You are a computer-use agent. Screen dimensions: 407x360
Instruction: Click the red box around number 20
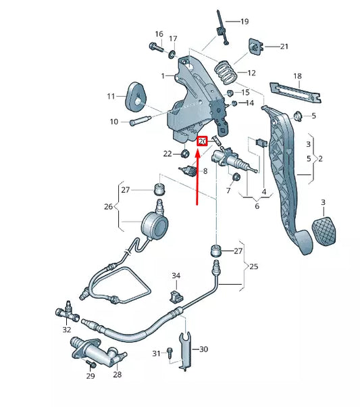pyautogui.click(x=201, y=141)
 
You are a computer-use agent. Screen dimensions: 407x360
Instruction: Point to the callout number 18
pyautogui.click(x=297, y=77)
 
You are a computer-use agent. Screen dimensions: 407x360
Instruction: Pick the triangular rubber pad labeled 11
pyautogui.click(x=136, y=95)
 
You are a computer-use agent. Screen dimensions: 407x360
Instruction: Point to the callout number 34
pyautogui.click(x=176, y=276)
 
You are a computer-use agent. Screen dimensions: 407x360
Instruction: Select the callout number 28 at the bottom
pyautogui.click(x=117, y=375)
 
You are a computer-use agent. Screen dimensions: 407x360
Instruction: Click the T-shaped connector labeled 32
pyautogui.click(x=66, y=312)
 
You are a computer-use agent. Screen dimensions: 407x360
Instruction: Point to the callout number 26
pyautogui.click(x=108, y=207)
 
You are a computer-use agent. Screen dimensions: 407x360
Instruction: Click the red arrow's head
pyautogui.click(x=197, y=153)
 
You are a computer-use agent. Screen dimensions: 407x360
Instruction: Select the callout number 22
pyautogui.click(x=168, y=154)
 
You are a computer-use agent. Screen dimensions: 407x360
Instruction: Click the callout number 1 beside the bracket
pyautogui.click(x=163, y=76)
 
